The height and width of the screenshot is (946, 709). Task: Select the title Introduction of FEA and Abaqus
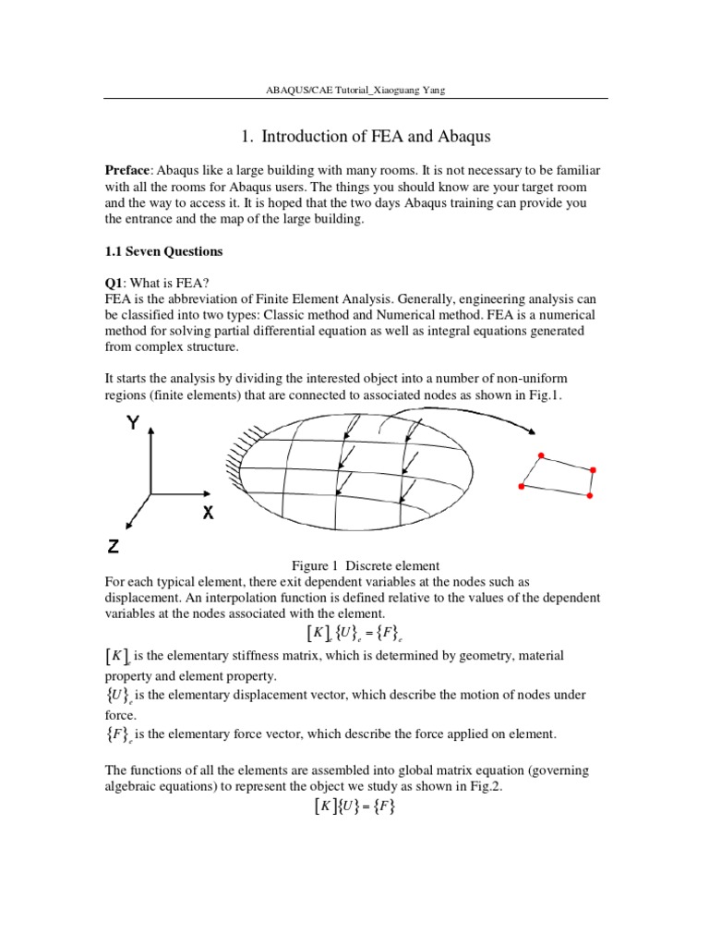click(x=366, y=137)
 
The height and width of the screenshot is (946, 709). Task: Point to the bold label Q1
click(x=112, y=284)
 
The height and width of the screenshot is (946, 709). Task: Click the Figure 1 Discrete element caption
click(x=366, y=565)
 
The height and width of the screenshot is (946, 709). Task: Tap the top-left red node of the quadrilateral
click(x=541, y=455)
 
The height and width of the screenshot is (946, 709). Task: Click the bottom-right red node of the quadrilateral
click(x=590, y=496)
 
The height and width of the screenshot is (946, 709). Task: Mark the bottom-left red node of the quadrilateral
click(x=522, y=486)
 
